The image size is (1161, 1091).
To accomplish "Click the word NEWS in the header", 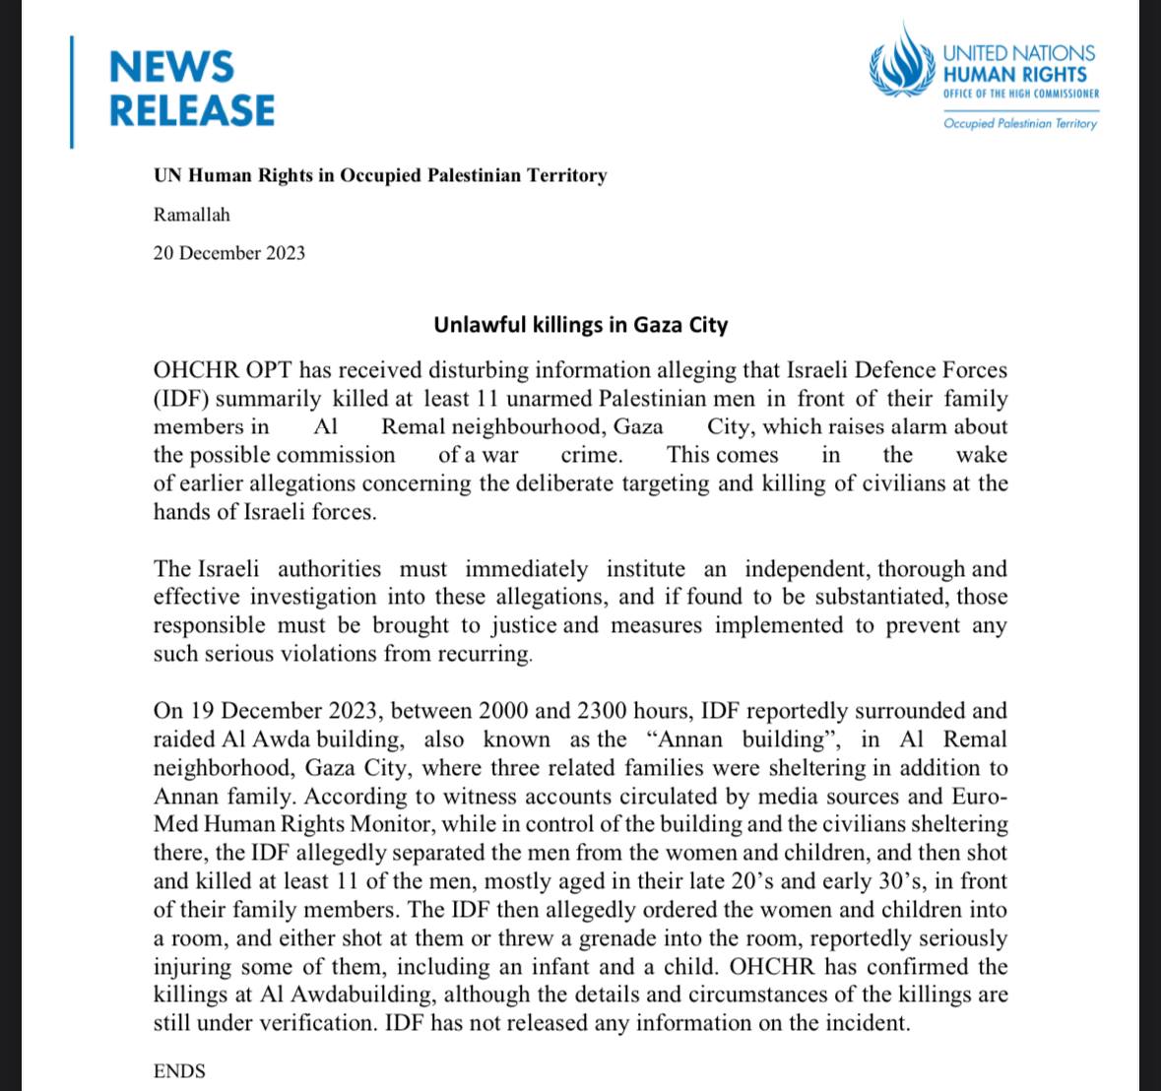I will click(x=171, y=67).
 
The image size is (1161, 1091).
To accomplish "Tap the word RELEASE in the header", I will click(x=191, y=110).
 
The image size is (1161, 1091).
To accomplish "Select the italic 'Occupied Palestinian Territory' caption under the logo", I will click(x=1019, y=123).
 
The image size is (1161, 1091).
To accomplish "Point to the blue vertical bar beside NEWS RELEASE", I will click(x=72, y=91).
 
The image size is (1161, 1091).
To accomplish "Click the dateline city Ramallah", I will click(x=191, y=214).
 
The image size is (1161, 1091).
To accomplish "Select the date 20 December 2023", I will click(x=228, y=253).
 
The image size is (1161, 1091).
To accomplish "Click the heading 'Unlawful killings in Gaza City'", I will click(x=580, y=325).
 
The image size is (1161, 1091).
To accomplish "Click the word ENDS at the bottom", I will click(x=179, y=1071).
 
